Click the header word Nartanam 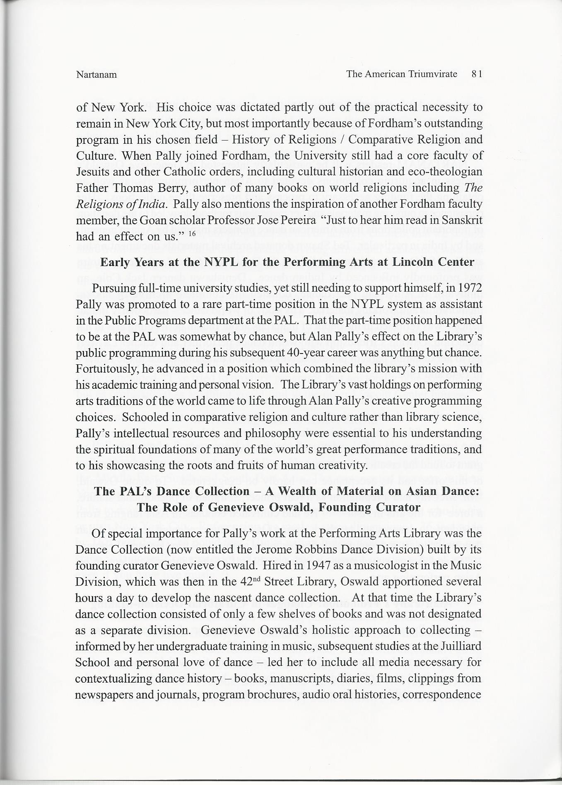[x=96, y=75]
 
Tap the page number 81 [x=477, y=74]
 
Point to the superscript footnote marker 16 [x=192, y=234]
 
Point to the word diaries [x=348, y=678]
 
